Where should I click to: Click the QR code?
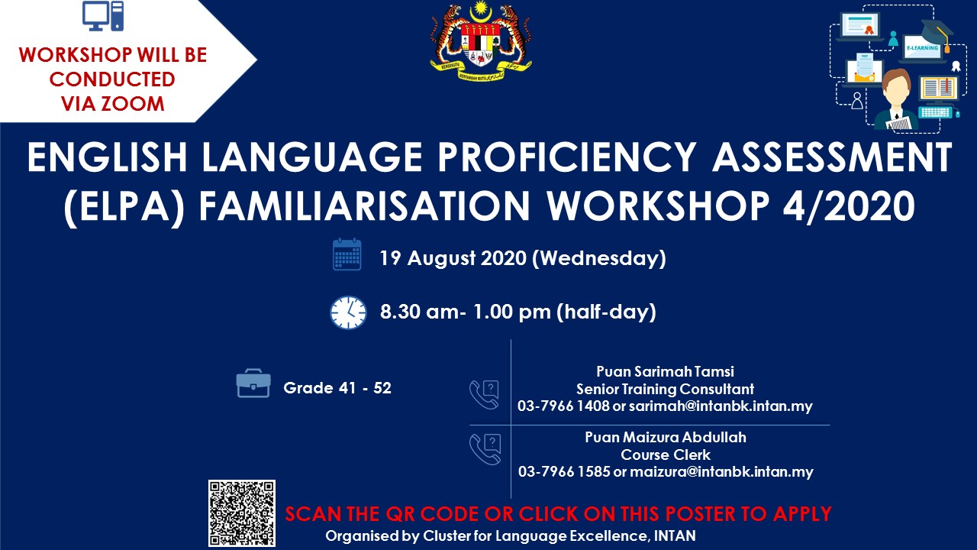click(x=242, y=513)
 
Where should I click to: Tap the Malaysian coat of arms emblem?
click(x=481, y=40)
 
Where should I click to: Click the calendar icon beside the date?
click(x=347, y=254)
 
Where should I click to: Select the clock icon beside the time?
click(x=348, y=312)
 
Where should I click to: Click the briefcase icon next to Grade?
click(x=253, y=383)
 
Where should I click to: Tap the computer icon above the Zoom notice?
click(x=103, y=16)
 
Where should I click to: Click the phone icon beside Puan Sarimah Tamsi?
click(x=484, y=395)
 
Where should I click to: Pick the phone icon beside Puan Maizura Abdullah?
click(x=485, y=449)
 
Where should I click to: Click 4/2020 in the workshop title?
click(x=849, y=206)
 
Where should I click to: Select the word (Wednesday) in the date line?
click(x=599, y=258)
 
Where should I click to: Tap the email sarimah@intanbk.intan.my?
click(x=721, y=406)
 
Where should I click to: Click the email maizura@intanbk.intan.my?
click(x=721, y=472)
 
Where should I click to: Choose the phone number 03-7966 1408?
click(x=563, y=406)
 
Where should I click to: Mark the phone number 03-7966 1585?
click(x=563, y=471)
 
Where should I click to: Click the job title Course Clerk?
click(x=666, y=455)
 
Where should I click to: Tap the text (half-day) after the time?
click(x=606, y=312)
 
